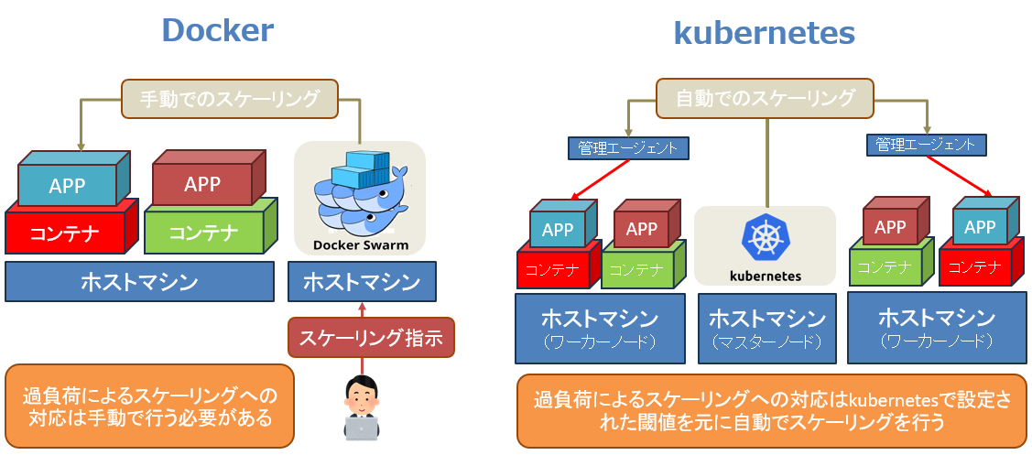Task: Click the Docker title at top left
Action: coord(217,30)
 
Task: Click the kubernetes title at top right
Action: coord(764,33)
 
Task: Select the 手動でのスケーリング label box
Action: coord(230,99)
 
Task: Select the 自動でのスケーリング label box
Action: coord(765,98)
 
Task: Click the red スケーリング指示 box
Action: coord(371,338)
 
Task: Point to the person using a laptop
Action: coord(362,408)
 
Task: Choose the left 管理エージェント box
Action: coord(627,147)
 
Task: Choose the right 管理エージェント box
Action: coord(926,145)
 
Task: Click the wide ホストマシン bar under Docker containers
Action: coord(139,282)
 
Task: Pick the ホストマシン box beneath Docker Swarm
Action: coord(361,282)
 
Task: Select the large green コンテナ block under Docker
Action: coord(203,233)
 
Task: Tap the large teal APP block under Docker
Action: coord(67,186)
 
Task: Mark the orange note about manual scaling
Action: coord(149,406)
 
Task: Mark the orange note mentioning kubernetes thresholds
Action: coord(771,411)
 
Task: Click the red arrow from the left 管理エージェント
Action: coord(601,179)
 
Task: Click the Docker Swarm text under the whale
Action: coord(360,244)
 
